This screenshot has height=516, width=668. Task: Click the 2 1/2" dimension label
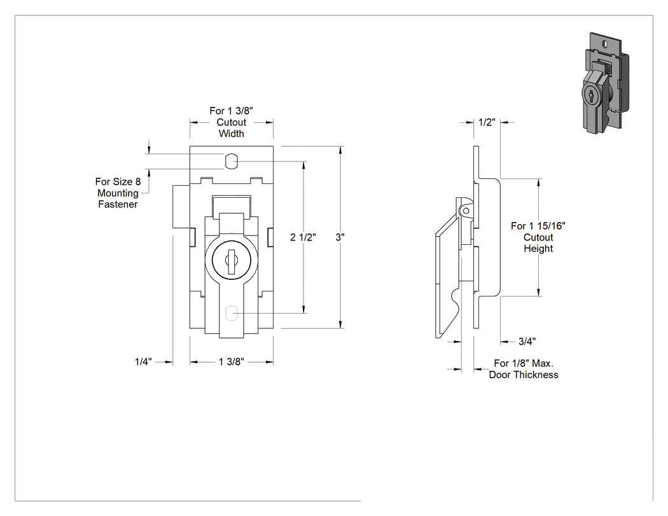pyautogui.click(x=303, y=237)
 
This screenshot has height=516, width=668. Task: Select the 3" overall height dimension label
pyautogui.click(x=340, y=237)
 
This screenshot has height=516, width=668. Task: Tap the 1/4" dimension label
pyautogui.click(x=143, y=362)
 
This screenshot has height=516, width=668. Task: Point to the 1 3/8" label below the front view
pyautogui.click(x=232, y=362)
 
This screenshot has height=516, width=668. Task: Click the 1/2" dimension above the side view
pyautogui.click(x=487, y=122)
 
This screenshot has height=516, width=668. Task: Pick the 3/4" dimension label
pyautogui.click(x=527, y=341)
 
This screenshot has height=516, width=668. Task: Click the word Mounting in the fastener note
pyautogui.click(x=118, y=193)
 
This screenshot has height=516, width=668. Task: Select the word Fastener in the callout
pyautogui.click(x=118, y=204)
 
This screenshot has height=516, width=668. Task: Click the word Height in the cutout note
pyautogui.click(x=538, y=248)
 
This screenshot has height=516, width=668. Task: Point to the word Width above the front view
pyautogui.click(x=232, y=134)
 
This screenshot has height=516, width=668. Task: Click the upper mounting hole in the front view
pyautogui.click(x=230, y=162)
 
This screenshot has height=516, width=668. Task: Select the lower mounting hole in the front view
pyautogui.click(x=230, y=313)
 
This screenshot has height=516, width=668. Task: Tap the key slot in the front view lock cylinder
pyautogui.click(x=232, y=261)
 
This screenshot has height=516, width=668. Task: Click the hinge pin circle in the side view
pyautogui.click(x=466, y=211)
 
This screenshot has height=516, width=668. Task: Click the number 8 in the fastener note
pyautogui.click(x=138, y=182)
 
